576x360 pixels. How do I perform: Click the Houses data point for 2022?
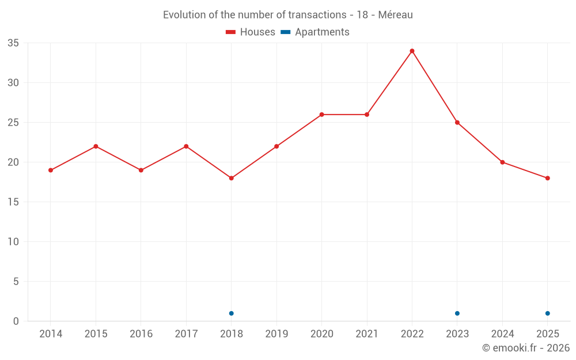(412, 51)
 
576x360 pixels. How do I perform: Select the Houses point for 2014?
(51, 170)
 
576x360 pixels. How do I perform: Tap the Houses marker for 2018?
(231, 178)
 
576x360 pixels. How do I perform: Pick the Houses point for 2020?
(321, 115)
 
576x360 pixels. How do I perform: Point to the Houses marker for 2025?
(547, 178)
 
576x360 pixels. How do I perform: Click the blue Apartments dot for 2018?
(231, 313)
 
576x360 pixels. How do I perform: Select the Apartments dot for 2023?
(457, 313)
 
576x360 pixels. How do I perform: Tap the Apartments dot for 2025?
(547, 313)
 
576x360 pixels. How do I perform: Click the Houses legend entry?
(251, 32)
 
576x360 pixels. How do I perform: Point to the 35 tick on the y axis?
(13, 43)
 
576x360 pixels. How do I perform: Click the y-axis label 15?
(13, 202)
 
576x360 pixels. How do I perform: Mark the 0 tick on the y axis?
(16, 321)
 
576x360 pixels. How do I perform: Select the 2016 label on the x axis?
(141, 334)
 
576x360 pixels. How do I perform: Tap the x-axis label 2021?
(367, 334)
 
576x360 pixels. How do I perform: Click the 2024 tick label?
(502, 334)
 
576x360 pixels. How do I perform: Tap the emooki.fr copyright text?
(526, 348)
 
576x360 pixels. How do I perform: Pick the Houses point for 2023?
(457, 122)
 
